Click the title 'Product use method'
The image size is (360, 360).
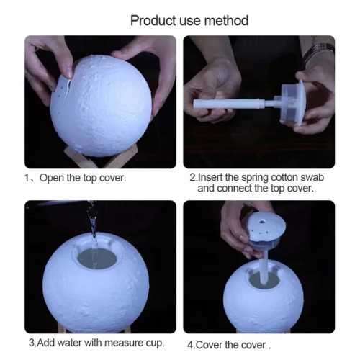pyautogui.click(x=189, y=19)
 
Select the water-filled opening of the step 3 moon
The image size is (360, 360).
pyautogui.click(x=97, y=258)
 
